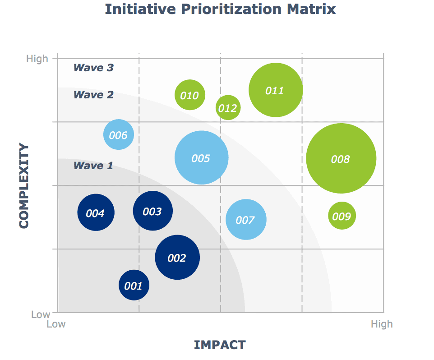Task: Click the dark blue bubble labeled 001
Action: (x=134, y=285)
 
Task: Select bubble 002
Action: (x=177, y=258)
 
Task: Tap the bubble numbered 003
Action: (x=153, y=211)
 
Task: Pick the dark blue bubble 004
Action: (x=96, y=212)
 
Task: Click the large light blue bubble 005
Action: (x=202, y=158)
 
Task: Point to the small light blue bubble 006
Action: (x=119, y=134)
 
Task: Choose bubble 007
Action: (x=246, y=219)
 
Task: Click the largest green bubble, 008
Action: (x=341, y=158)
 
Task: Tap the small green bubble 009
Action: (x=342, y=216)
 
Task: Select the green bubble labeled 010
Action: (x=190, y=95)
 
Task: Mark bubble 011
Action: (x=276, y=90)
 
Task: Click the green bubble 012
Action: (x=228, y=108)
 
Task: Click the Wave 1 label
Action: (x=93, y=166)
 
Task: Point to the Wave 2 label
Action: (x=93, y=95)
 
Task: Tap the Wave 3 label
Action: (x=93, y=68)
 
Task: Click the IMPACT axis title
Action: (x=220, y=345)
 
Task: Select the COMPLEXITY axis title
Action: (x=24, y=186)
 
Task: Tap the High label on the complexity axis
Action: (x=37, y=59)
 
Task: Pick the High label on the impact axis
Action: (x=382, y=324)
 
